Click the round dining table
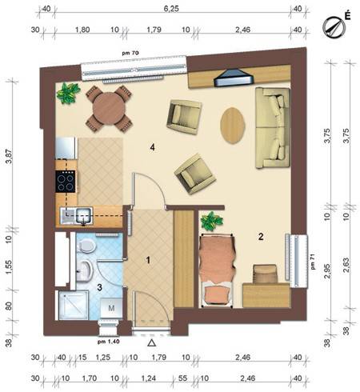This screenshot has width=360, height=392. pyautogui.click(x=109, y=109)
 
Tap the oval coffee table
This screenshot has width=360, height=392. pyautogui.click(x=233, y=126)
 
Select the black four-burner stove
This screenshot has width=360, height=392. pyautogui.click(x=66, y=182)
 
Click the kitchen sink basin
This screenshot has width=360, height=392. pyautogui.click(x=84, y=216)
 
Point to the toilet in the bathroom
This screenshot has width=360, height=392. pyautogui.click(x=86, y=246)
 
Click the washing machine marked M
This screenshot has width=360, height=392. pyautogui.click(x=111, y=308)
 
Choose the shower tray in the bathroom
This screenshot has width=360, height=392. pyautogui.click(x=73, y=306)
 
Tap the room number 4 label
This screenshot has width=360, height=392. pyautogui.click(x=152, y=147)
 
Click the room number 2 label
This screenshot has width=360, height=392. pyautogui.click(x=261, y=236)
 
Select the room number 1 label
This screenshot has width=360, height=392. pyautogui.click(x=149, y=260)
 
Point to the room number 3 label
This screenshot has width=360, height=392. pyautogui.click(x=100, y=287)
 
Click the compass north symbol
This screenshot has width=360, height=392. pyautogui.click(x=334, y=27)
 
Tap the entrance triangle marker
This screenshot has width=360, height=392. pyautogui.click(x=152, y=343)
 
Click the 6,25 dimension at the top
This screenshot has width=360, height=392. pyautogui.click(x=171, y=9)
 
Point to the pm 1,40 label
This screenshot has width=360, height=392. pyautogui.click(x=108, y=342)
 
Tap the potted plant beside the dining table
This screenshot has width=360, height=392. pyautogui.click(x=69, y=93)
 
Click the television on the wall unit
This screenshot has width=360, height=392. pyautogui.click(x=234, y=78)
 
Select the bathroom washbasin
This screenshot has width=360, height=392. pyautogui.click(x=85, y=270)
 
